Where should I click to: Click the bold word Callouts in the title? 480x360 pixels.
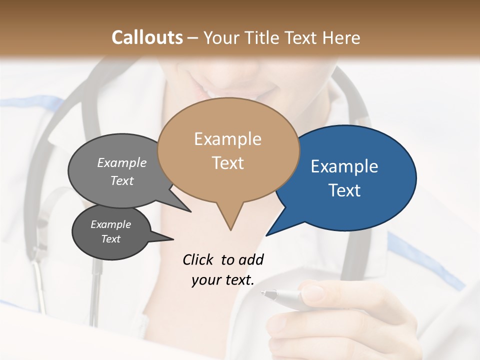(147, 38)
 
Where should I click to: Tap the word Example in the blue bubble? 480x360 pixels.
(344, 166)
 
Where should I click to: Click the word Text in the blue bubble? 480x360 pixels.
(344, 190)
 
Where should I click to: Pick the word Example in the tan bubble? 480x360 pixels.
(227, 139)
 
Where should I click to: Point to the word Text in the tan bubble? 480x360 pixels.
(228, 163)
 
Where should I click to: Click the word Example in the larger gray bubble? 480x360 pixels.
(121, 162)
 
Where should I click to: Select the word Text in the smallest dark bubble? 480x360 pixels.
(110, 239)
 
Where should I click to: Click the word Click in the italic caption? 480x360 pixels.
(198, 259)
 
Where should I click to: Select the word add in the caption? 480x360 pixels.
(250, 259)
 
